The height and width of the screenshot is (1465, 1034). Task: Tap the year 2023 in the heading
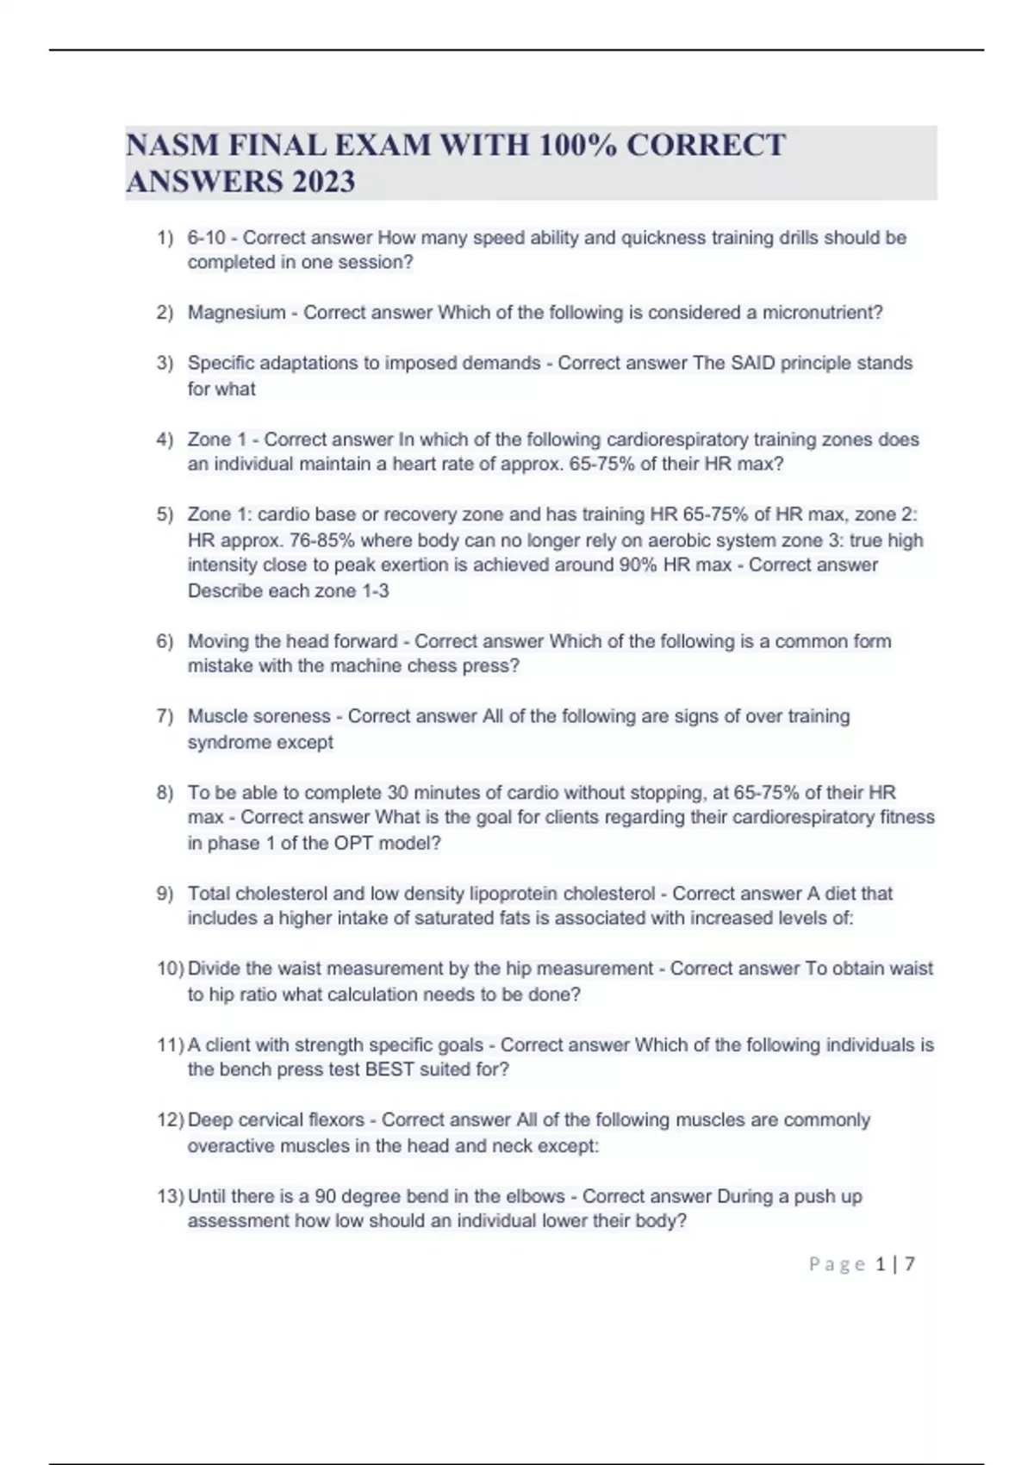(322, 182)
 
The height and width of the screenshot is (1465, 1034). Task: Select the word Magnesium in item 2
(236, 313)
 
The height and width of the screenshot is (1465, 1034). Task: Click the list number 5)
(165, 514)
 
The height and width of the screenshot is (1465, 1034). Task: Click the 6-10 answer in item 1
(206, 238)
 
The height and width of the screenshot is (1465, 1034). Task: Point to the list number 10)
(170, 969)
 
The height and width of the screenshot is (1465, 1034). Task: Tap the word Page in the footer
(837, 1264)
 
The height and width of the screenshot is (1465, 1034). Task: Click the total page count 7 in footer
(909, 1264)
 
